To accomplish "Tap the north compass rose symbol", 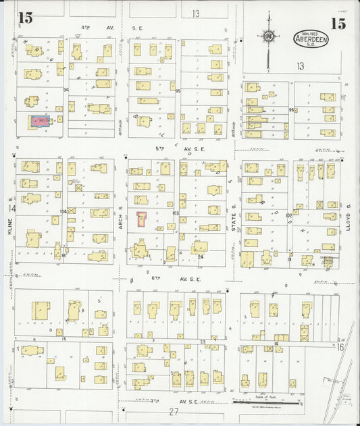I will point(269,36).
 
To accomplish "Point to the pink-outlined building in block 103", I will point(142,219).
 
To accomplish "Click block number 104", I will point(63,211).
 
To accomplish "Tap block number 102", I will point(288,215).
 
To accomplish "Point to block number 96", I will point(291,110).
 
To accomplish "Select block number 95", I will point(178,90).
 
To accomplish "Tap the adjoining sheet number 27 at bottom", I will point(174,412).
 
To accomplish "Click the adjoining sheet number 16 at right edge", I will point(340,346).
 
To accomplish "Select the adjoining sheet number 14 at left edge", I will point(11,209).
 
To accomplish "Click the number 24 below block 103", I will point(201,257).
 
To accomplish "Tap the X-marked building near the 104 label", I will point(72,211).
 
